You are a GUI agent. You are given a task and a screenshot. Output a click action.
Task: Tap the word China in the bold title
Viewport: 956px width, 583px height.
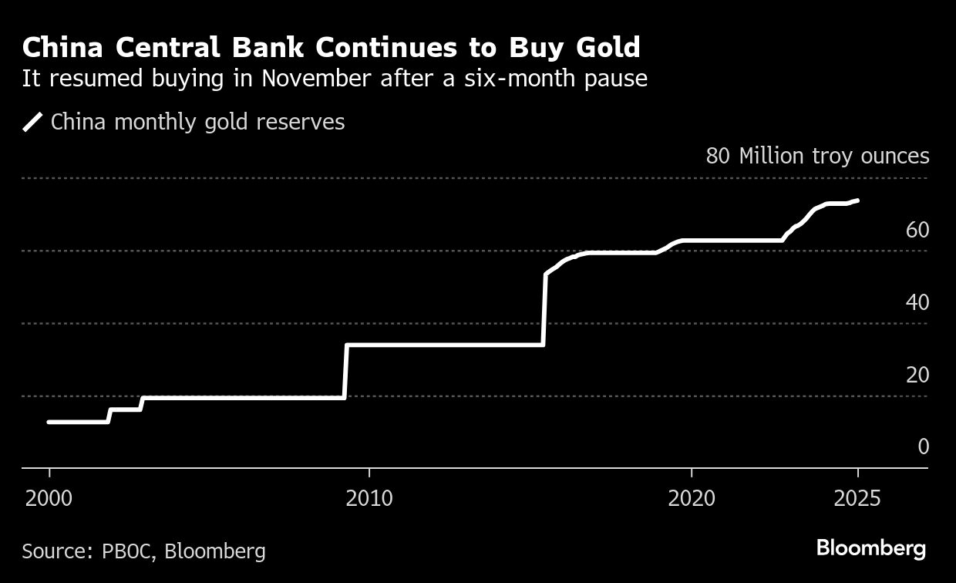coord(62,48)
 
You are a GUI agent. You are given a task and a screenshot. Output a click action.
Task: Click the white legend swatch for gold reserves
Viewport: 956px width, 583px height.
coord(32,123)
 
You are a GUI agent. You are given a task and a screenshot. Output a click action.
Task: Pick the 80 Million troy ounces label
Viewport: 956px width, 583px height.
coord(817,156)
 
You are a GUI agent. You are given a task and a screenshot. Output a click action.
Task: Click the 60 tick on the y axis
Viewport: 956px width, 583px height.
coord(917,230)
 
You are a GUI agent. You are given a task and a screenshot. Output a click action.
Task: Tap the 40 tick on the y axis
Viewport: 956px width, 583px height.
coord(917,302)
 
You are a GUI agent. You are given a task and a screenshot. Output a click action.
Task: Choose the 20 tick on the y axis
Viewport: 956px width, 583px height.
coord(917,375)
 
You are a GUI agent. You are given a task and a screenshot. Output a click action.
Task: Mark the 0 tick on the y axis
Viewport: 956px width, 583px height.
coord(923,447)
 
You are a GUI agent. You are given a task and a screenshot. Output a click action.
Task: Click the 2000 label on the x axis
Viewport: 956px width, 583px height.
coord(49,498)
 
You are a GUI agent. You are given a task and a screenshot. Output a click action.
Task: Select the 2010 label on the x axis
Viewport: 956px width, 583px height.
coord(369,498)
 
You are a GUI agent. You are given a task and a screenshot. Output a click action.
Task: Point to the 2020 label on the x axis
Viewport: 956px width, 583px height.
coord(692,498)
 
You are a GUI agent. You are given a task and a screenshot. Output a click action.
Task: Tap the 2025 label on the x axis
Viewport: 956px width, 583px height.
coord(857,498)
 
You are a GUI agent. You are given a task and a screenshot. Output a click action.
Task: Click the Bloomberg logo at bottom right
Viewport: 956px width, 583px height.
coord(871,549)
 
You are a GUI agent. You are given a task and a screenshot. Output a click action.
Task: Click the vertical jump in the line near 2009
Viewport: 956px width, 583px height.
coord(345,372)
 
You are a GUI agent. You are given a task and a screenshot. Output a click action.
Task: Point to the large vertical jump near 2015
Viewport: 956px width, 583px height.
coord(544,308)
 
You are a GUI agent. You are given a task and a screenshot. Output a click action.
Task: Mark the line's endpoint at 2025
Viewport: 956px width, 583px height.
coord(857,201)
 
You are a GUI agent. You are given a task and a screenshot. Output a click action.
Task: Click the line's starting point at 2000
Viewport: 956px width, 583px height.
coord(49,422)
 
